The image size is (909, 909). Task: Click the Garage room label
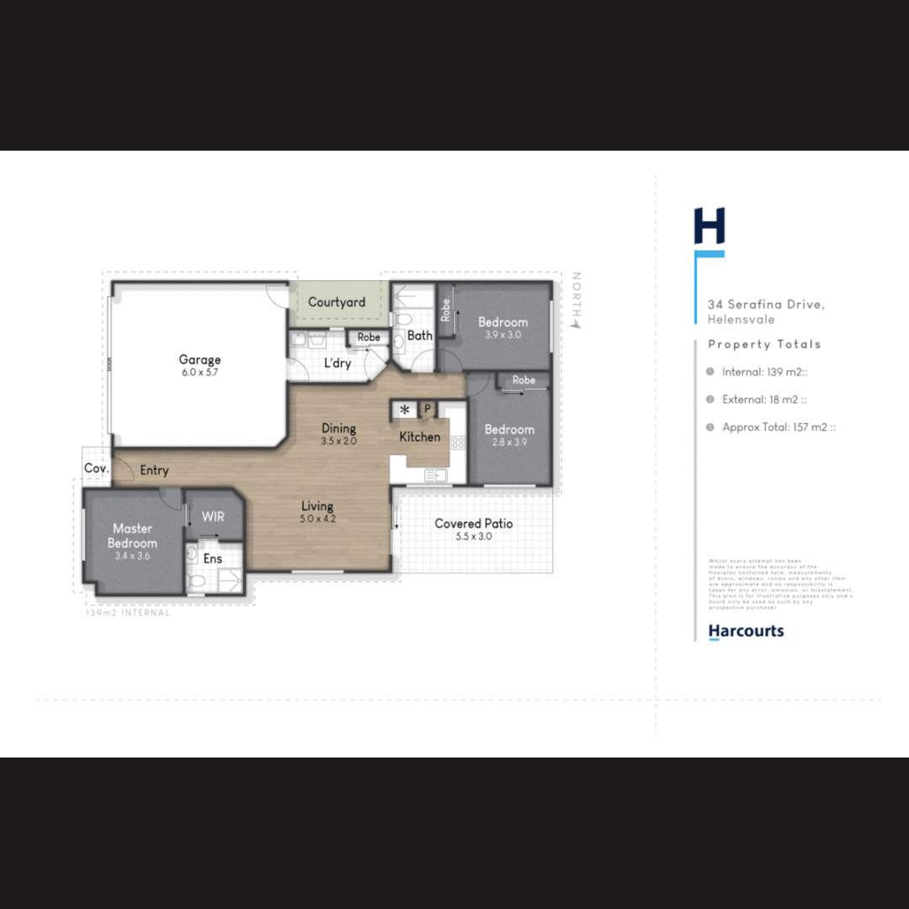[199, 360]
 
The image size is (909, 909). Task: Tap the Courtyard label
[337, 302]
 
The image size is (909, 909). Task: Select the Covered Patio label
[473, 524]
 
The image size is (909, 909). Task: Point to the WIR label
[213, 516]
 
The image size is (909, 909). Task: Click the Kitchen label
[419, 437]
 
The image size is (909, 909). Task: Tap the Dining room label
[339, 428]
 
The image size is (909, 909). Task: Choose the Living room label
[317, 506]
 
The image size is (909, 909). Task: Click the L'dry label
[338, 363]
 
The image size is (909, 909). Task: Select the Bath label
[419, 335]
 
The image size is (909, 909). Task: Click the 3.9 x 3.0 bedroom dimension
[503, 334]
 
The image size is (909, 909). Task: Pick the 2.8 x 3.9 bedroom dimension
[509, 442]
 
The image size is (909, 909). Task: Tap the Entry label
[154, 470]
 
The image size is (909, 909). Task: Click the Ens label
[213, 558]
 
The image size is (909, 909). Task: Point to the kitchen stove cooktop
[458, 442]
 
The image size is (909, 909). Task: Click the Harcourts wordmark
[746, 630]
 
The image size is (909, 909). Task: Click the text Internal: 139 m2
[763, 371]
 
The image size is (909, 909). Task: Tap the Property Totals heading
[764, 344]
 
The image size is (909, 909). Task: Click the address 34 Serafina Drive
[766, 305]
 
